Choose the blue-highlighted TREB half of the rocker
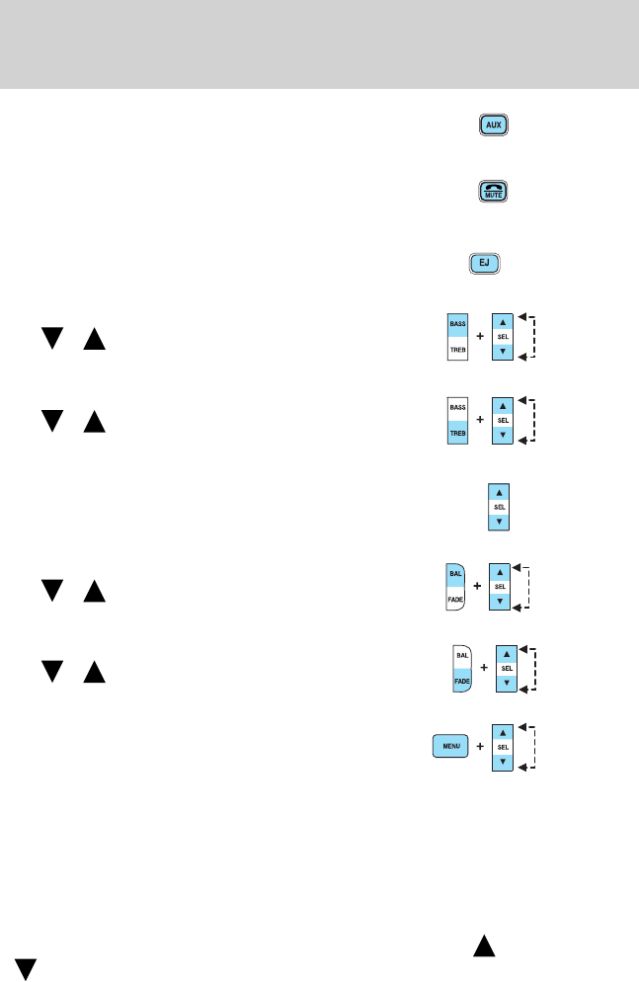[457, 433]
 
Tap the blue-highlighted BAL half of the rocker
[455, 572]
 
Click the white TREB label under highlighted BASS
[457, 350]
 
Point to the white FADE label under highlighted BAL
[456, 600]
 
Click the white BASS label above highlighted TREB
[457, 406]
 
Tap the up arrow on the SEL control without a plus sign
[499, 490]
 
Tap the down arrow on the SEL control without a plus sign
[499, 521]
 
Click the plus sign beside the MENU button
[480, 747]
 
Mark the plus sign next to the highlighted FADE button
[484, 668]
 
